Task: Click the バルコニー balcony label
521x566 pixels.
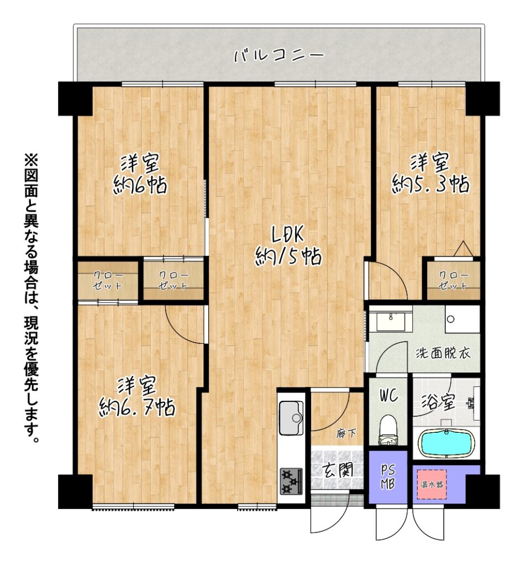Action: click(279, 56)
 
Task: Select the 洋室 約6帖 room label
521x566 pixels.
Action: click(140, 174)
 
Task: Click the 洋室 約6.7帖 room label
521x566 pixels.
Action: click(137, 396)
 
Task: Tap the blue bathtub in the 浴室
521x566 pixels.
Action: click(446, 443)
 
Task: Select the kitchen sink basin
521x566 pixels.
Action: click(292, 418)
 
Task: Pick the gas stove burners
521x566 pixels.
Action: click(291, 481)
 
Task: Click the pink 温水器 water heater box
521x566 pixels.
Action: click(432, 484)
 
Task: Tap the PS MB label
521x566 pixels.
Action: click(388, 477)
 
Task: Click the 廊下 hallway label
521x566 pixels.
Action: click(346, 433)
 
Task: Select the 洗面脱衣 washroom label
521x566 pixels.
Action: click(443, 353)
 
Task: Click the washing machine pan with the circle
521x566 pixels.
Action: click(462, 319)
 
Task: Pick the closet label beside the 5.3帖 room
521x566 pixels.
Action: click(453, 280)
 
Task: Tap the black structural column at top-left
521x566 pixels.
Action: click(75, 98)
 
